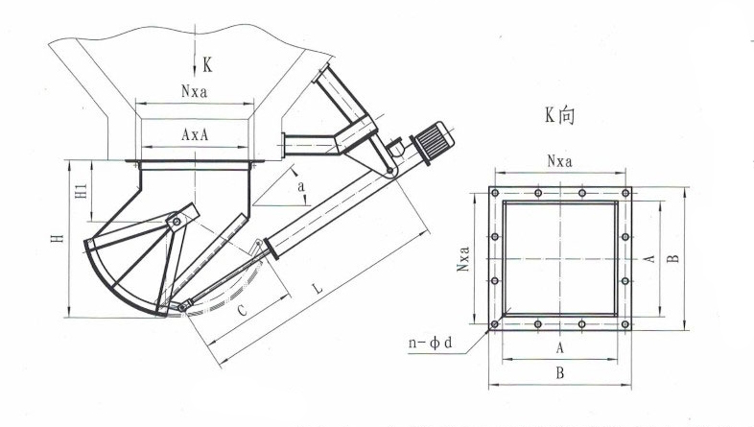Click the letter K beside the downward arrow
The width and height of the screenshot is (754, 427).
pos(209,65)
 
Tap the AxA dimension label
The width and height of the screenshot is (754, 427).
pos(197,136)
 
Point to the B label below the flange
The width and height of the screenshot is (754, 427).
pos(559,375)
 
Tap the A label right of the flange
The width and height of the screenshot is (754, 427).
pos(649,258)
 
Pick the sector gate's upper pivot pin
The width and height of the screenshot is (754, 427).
pos(176,223)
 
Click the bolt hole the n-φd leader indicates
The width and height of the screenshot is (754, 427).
pos(494,325)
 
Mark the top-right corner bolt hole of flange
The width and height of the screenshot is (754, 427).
pos(625,193)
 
